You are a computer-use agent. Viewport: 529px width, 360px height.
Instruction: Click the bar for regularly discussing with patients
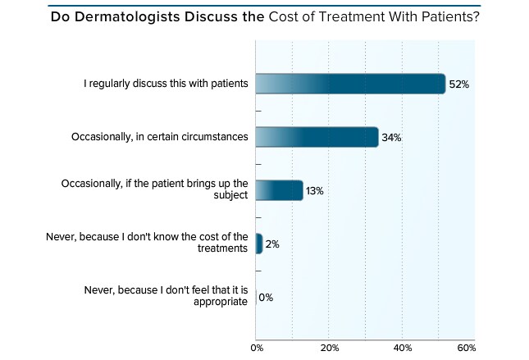coord(350,84)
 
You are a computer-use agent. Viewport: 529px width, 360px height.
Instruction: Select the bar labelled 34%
coord(317,137)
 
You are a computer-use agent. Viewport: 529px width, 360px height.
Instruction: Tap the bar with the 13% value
coord(279,190)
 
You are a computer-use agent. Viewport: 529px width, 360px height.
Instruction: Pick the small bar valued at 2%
coord(259,244)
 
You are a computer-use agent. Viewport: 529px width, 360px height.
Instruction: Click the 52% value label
coord(458,84)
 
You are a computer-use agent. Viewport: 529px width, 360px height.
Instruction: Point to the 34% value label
coord(391,138)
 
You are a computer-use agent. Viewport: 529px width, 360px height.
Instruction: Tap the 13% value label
coord(315,191)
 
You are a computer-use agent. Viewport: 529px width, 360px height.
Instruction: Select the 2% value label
coord(273,244)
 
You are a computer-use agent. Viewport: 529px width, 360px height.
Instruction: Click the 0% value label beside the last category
coord(266,298)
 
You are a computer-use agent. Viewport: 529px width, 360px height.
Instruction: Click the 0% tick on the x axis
coord(256,349)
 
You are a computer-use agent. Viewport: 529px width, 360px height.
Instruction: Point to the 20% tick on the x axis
coord(329,349)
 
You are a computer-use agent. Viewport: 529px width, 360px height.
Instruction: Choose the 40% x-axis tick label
coord(402,349)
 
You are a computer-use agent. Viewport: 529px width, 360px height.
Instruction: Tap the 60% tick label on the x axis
coord(465,349)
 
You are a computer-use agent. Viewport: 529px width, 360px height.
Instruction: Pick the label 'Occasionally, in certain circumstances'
coord(160,137)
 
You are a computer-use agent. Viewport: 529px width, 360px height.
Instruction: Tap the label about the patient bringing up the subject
coord(153,190)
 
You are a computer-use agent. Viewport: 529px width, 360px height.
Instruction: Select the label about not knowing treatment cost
coord(147,244)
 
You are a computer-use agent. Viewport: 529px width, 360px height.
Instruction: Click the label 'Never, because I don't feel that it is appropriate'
coord(166,297)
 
